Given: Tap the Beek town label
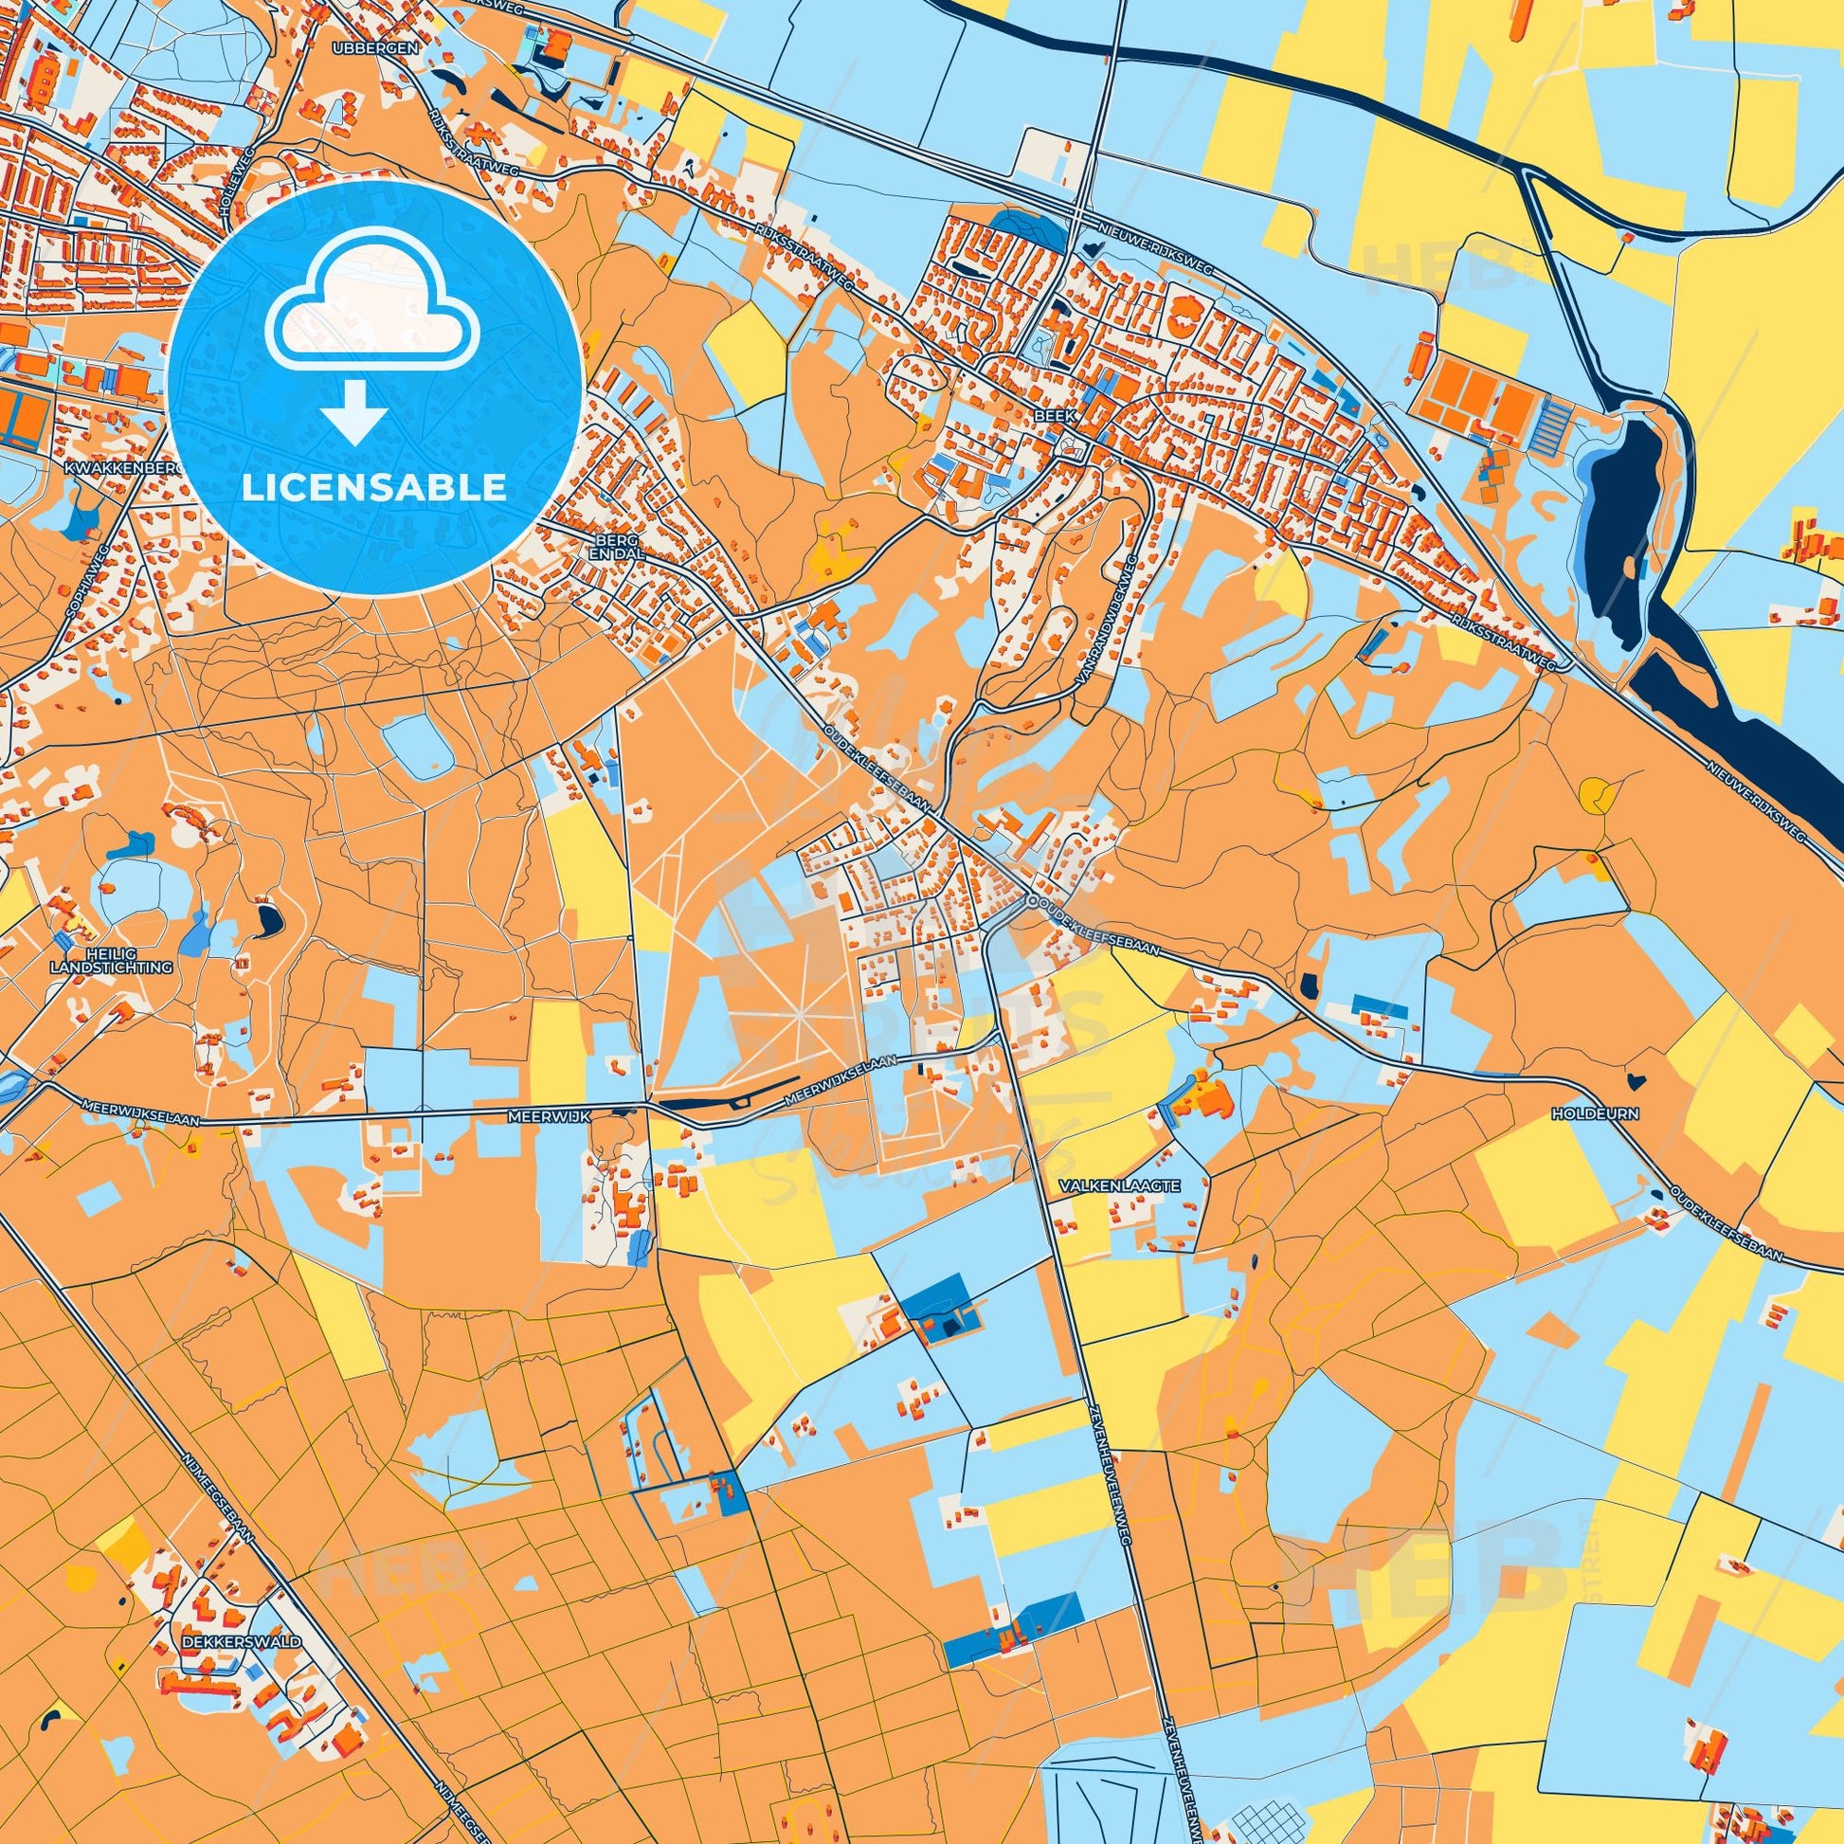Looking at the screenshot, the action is coord(1047,417).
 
